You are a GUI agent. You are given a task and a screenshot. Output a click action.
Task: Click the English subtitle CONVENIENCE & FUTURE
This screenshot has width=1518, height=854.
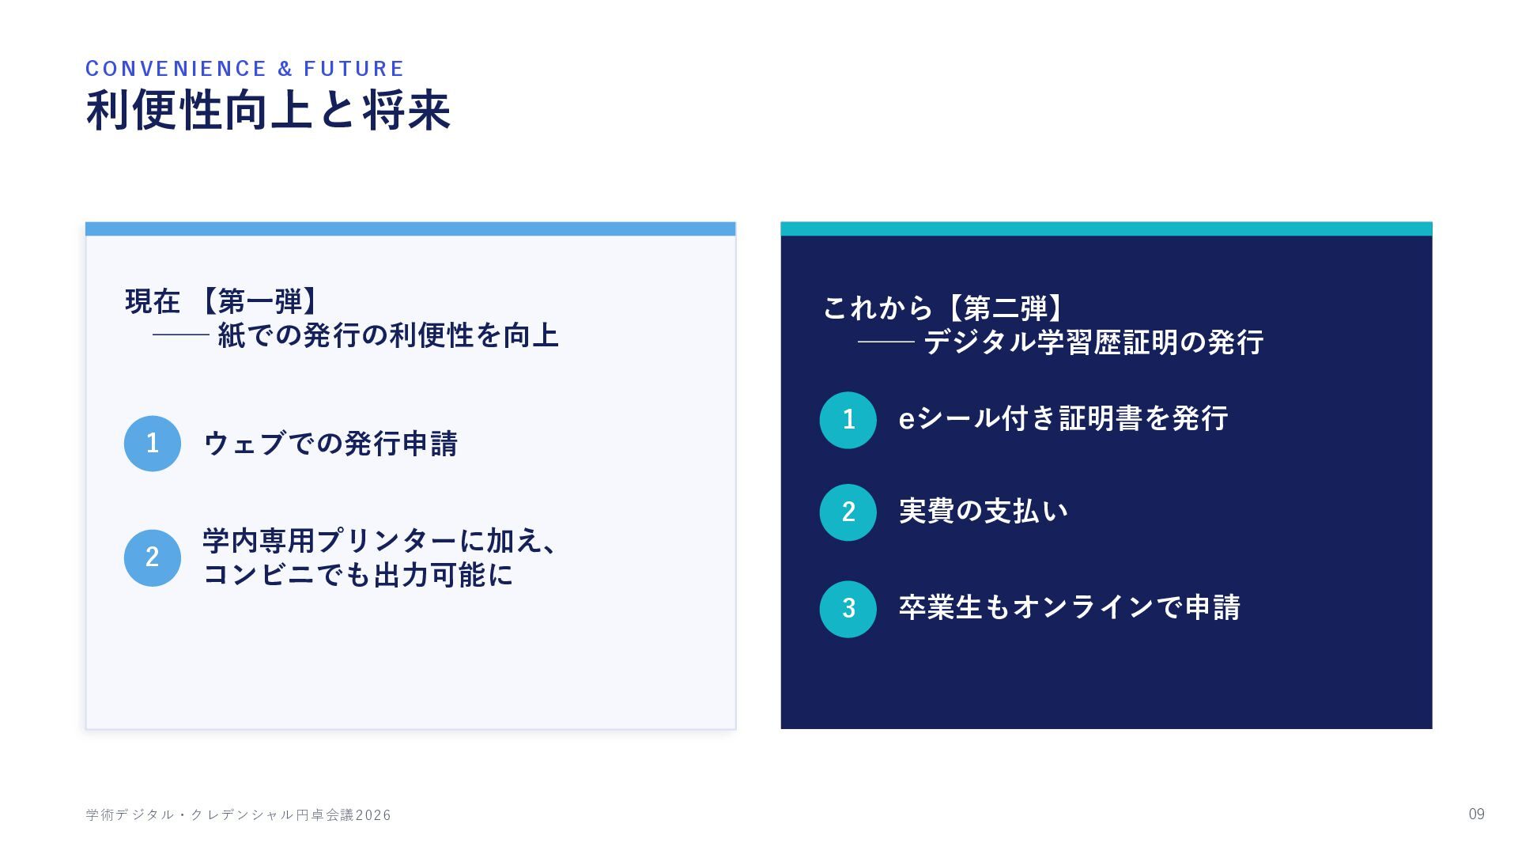pyautogui.click(x=245, y=69)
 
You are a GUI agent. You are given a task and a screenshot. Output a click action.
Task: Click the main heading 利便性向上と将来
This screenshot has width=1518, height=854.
pyautogui.click(x=269, y=110)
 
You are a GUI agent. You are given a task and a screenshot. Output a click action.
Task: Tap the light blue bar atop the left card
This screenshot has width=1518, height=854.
pyautogui.click(x=410, y=229)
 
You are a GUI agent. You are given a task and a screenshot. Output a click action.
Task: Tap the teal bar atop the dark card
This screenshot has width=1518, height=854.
pyautogui.click(x=1106, y=229)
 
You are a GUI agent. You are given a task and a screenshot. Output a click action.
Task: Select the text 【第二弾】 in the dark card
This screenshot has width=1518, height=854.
pyautogui.click(x=1006, y=308)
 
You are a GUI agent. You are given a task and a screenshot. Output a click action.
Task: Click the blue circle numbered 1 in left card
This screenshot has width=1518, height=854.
pyautogui.click(x=153, y=444)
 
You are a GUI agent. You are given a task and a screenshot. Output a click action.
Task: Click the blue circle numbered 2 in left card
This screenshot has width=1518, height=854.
pyautogui.click(x=153, y=557)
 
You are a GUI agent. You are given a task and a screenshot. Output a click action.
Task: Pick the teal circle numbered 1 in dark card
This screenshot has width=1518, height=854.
pyautogui.click(x=848, y=420)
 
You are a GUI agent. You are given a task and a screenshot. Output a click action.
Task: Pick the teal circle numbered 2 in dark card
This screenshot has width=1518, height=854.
pyautogui.click(x=848, y=512)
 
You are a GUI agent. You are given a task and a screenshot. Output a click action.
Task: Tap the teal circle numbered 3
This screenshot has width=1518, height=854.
pyautogui.click(x=848, y=609)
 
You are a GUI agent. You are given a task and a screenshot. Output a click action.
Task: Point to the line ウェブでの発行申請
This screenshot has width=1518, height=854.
pyautogui.click(x=330, y=444)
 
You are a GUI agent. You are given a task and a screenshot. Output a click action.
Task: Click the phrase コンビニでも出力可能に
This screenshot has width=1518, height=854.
pyautogui.click(x=358, y=575)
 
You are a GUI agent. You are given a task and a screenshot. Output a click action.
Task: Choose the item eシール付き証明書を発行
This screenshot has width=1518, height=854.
pyautogui.click(x=1063, y=418)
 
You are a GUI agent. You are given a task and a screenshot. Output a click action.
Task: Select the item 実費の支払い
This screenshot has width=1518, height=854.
pyautogui.click(x=984, y=511)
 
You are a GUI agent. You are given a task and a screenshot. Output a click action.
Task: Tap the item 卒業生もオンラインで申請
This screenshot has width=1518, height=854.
pyautogui.click(x=1070, y=607)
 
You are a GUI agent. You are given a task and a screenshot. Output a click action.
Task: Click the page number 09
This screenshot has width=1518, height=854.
pyautogui.click(x=1477, y=814)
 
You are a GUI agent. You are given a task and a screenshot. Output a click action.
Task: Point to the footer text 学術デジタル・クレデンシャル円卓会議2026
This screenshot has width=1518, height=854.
pyautogui.click(x=238, y=814)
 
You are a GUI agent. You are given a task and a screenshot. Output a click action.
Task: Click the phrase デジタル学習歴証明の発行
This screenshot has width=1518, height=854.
pyautogui.click(x=1093, y=342)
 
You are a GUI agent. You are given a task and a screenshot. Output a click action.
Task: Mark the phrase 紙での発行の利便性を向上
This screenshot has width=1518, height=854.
pyautogui.click(x=388, y=335)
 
